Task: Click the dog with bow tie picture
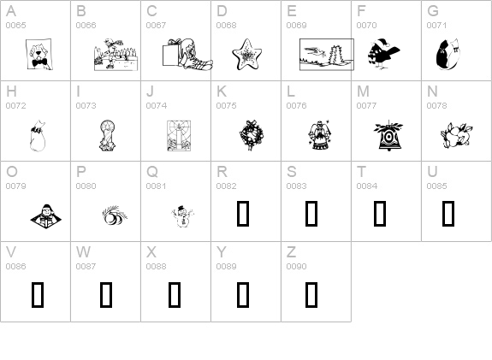tap(39, 54)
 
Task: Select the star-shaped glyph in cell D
tap(247, 54)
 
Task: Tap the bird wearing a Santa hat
tap(383, 54)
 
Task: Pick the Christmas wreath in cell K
tap(252, 135)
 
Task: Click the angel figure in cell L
tap(319, 135)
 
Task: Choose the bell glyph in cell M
tap(388, 135)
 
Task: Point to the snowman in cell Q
tap(182, 215)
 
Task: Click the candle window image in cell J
tap(179, 135)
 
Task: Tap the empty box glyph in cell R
tap(243, 214)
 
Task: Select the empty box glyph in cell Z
tap(311, 294)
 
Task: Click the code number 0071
tap(436, 26)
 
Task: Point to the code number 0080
tap(86, 186)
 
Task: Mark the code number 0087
tap(86, 267)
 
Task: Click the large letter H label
tap(11, 91)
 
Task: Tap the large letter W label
tap(83, 252)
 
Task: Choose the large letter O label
tap(12, 172)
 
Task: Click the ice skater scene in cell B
tap(116, 55)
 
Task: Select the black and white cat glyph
tap(448, 54)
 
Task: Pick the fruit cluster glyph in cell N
tap(457, 135)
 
